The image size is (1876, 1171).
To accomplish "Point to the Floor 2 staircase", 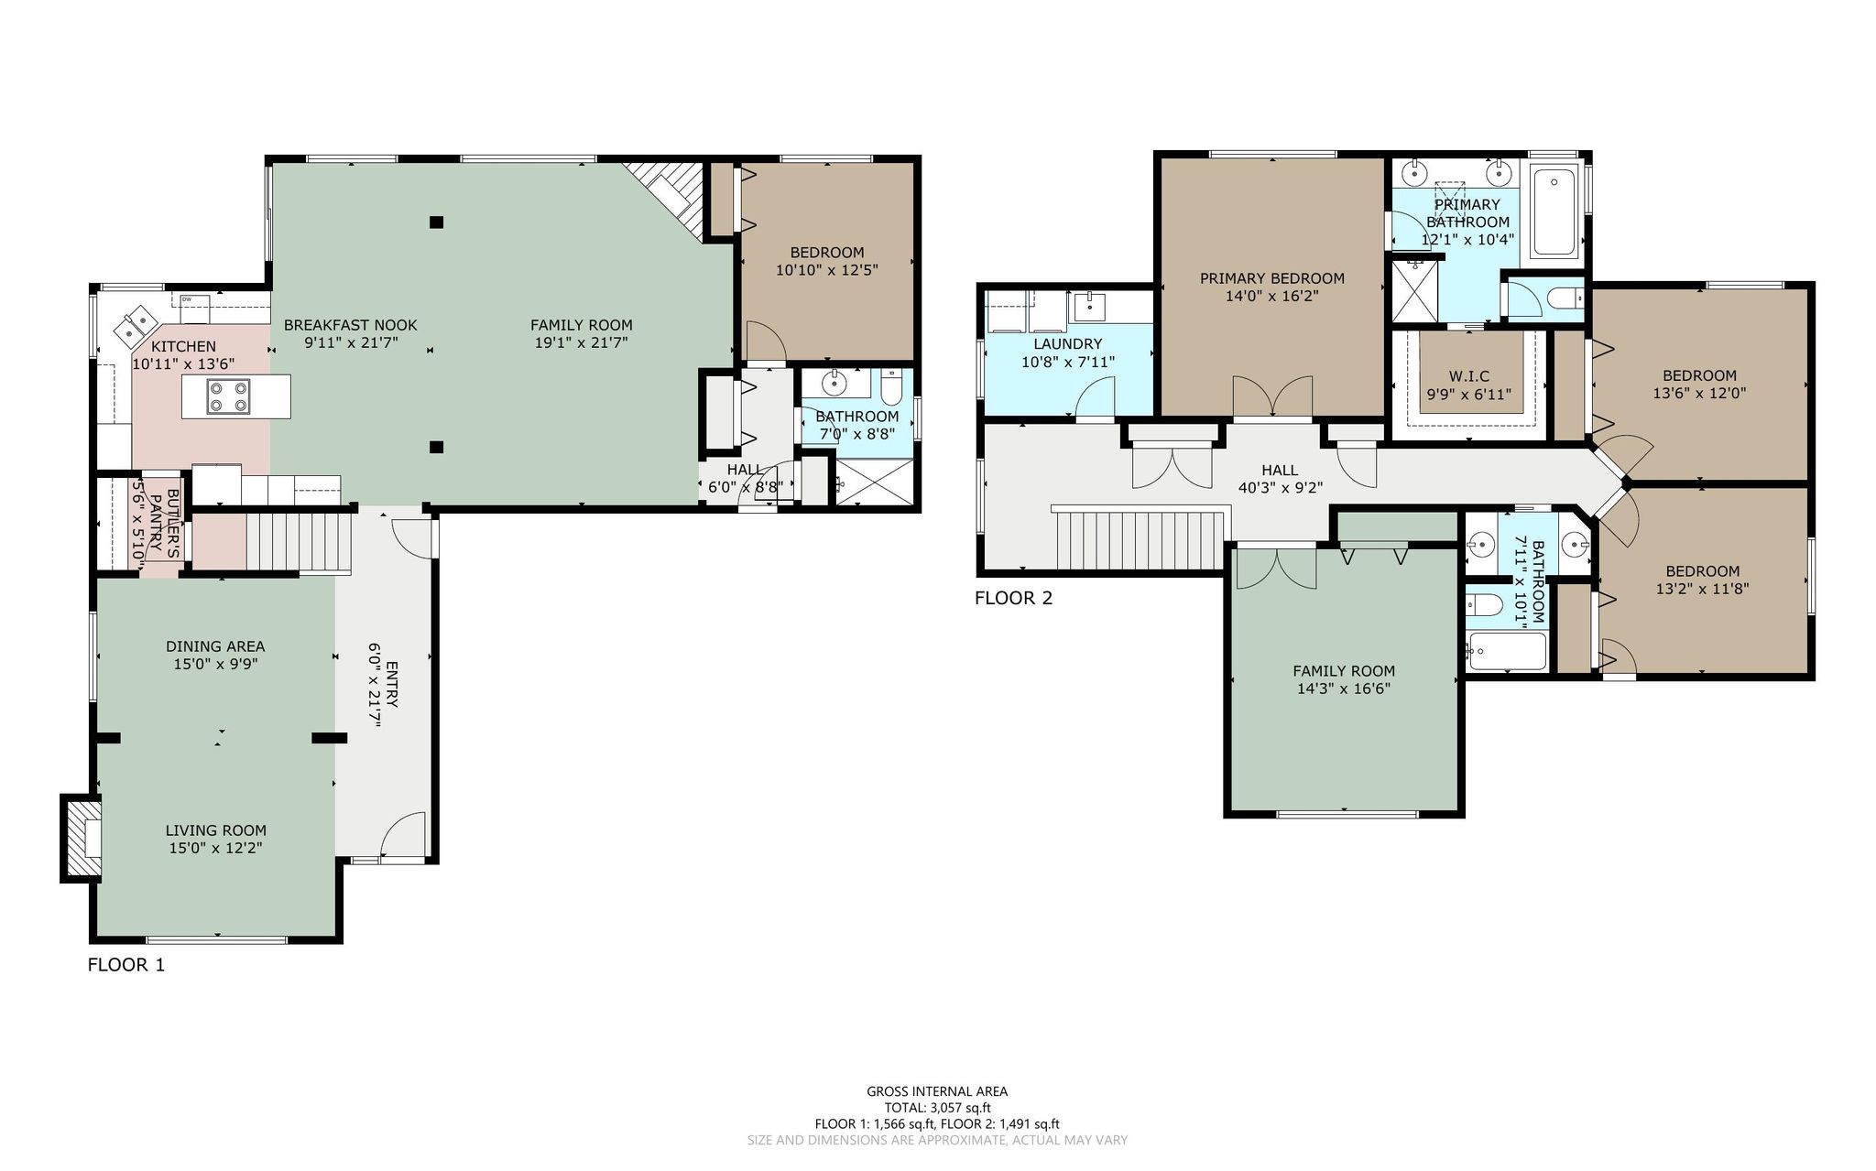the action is tap(1140, 540).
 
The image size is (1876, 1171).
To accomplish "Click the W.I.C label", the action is tap(1468, 375).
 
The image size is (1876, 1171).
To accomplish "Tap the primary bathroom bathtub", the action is tap(1554, 211).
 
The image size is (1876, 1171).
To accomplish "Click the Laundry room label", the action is tap(1067, 343).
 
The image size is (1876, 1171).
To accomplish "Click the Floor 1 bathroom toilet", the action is tap(892, 388).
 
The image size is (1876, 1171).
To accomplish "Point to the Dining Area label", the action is tap(215, 646).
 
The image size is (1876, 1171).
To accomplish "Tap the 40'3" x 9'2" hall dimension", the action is tap(1280, 488).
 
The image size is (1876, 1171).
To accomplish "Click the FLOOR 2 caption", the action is tap(1013, 599).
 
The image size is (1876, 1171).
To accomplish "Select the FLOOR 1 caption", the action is tap(126, 965).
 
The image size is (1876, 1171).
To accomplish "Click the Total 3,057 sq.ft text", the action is tap(937, 1108).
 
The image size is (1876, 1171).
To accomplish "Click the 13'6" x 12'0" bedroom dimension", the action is tap(1699, 394).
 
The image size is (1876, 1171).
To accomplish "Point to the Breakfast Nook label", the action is tap(350, 325).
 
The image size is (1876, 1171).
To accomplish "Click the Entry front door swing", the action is tap(402, 834).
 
